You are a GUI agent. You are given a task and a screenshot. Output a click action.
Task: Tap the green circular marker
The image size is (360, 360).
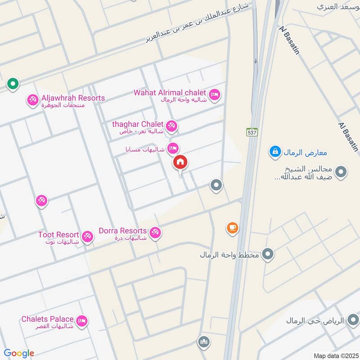pos(13,84)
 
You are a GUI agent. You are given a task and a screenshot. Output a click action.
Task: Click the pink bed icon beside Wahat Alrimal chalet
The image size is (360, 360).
pos(215,94)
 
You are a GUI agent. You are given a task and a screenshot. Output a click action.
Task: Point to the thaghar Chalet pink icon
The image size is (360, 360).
pos(171,126)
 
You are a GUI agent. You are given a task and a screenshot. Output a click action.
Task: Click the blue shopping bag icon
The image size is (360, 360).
pos(274,152)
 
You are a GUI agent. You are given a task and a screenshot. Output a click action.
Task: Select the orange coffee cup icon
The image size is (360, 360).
pos(232,228)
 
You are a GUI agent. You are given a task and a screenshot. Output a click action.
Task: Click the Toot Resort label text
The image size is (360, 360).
pos(58,235)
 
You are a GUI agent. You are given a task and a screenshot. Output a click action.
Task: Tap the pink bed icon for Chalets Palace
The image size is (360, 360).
pos(82,321)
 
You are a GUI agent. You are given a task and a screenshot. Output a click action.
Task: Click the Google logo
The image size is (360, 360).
pos(19,353)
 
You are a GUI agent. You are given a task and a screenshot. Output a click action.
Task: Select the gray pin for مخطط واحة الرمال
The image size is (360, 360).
pos(268,255)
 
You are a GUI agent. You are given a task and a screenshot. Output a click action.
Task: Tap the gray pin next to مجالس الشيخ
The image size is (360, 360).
pos(341,171)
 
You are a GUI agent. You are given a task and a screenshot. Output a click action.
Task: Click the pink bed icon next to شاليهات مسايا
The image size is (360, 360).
pos(173,148)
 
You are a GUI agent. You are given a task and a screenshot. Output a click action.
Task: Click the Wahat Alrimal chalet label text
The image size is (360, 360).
pos(170,93)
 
